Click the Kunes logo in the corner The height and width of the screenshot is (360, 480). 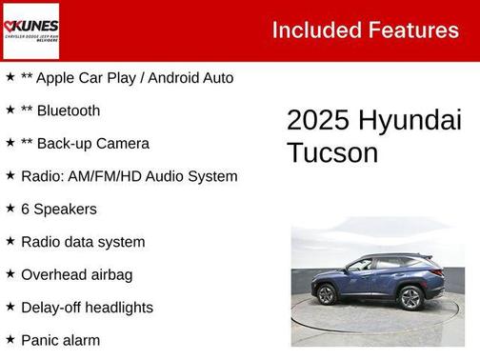[x=30, y=30]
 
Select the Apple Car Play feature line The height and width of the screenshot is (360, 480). [x=86, y=78]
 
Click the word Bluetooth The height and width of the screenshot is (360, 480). [x=70, y=110]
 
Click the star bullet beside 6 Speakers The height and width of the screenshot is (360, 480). [x=10, y=209]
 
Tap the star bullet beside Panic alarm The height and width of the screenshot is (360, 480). [x=10, y=339]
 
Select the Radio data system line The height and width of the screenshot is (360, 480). [x=83, y=242]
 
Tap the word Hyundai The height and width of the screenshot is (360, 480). [x=410, y=121]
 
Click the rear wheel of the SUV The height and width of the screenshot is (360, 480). [x=410, y=298]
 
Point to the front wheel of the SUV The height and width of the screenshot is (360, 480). [x=327, y=294]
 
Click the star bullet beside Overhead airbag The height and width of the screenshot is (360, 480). [x=10, y=274]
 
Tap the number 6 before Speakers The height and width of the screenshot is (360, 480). [x=26, y=209]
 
